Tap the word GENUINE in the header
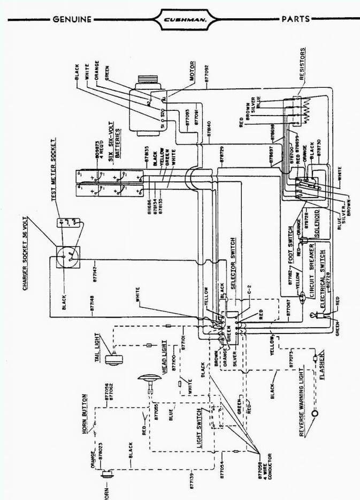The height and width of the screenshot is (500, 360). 71,20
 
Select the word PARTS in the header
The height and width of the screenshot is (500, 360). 295,19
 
